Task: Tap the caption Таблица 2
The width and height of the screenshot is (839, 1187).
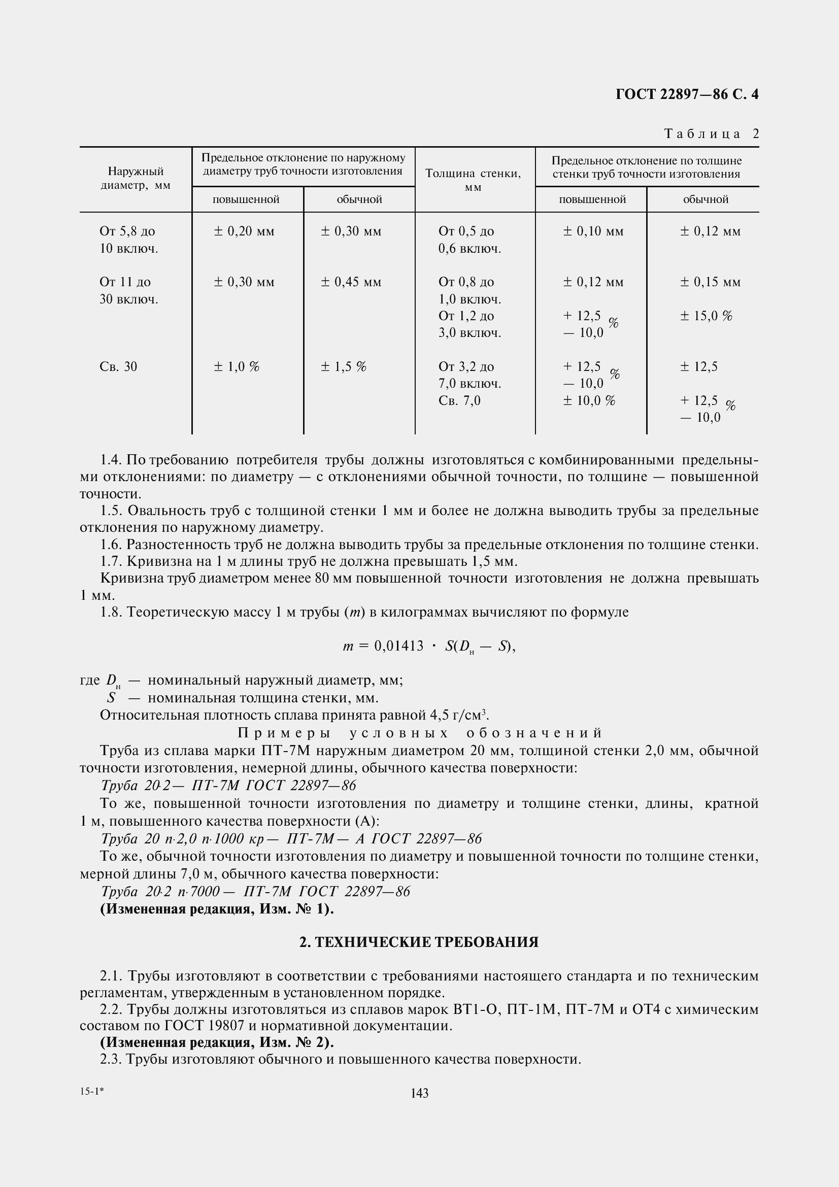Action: pyautogui.click(x=711, y=134)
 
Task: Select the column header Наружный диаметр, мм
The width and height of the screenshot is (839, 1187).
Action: pyautogui.click(x=136, y=178)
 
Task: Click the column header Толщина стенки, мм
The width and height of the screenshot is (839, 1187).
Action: pyautogui.click(x=473, y=180)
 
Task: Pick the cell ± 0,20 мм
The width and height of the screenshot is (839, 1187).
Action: pyautogui.click(x=244, y=231)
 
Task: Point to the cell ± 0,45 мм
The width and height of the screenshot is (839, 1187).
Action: pyautogui.click(x=351, y=282)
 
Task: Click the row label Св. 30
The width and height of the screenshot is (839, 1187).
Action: pyautogui.click(x=118, y=367)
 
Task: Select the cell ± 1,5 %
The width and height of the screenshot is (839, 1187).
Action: pyautogui.click(x=343, y=367)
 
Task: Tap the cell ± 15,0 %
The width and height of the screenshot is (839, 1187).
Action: pyautogui.click(x=706, y=316)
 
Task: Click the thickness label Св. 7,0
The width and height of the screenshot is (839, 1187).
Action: pyautogui.click(x=459, y=401)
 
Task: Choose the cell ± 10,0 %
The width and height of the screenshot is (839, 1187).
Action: pyautogui.click(x=589, y=401)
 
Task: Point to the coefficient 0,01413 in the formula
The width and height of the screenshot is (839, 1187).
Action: pyautogui.click(x=398, y=646)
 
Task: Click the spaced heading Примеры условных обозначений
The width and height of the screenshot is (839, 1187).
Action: pyautogui.click(x=420, y=733)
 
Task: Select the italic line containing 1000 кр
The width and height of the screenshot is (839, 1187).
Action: pyautogui.click(x=291, y=838)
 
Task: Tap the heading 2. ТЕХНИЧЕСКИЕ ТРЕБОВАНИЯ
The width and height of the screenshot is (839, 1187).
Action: pyautogui.click(x=419, y=942)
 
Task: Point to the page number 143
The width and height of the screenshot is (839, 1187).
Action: pyautogui.click(x=419, y=1093)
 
